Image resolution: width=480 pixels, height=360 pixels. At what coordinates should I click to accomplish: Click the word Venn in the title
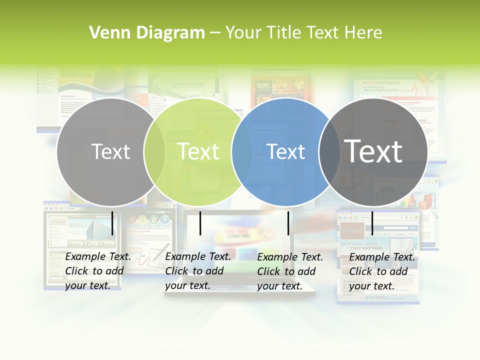[104, 33]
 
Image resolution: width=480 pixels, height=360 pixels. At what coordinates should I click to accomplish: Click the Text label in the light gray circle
[110, 151]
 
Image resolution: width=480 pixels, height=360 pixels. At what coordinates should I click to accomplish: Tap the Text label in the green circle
[198, 151]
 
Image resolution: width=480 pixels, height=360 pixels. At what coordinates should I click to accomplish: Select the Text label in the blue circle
[286, 151]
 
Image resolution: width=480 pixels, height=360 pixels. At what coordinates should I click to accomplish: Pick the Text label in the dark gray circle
[373, 151]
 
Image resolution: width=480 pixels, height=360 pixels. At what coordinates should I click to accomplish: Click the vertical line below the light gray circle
[112, 223]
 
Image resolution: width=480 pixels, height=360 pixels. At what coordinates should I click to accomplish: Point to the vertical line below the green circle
[200, 223]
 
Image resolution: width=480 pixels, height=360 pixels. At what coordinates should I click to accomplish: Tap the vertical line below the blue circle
[288, 223]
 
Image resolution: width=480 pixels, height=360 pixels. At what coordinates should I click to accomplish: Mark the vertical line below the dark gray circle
[372, 223]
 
